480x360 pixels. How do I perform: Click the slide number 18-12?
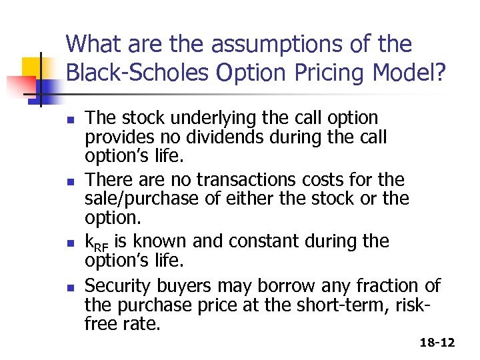[437, 343]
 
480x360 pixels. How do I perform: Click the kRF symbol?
[95, 242]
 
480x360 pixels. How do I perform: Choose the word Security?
[118, 287]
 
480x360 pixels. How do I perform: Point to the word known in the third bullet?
[164, 241]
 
